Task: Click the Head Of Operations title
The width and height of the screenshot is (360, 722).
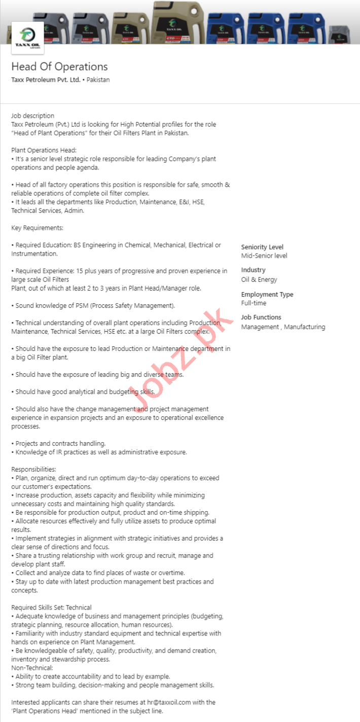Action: (x=59, y=66)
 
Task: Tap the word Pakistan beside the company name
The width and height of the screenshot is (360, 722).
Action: (x=98, y=80)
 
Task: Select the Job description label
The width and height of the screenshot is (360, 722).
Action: (x=32, y=116)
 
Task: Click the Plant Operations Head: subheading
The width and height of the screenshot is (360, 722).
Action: (x=44, y=150)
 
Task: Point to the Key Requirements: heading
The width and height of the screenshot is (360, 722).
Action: (x=37, y=228)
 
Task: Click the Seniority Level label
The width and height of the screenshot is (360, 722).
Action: (x=262, y=247)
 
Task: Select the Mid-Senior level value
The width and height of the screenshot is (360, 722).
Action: (x=264, y=256)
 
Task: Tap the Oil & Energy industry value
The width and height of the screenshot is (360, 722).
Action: (x=259, y=279)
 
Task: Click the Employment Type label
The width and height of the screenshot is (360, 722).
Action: (x=267, y=294)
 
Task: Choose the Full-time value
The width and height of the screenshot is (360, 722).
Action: (x=254, y=303)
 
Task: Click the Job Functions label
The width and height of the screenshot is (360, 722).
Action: (x=261, y=317)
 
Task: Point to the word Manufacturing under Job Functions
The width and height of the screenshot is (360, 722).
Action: (x=304, y=327)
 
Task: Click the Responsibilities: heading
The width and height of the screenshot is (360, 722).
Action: (x=33, y=469)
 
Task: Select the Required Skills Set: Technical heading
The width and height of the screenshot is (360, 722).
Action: (x=51, y=607)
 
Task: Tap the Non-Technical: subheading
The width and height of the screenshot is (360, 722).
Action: (x=32, y=668)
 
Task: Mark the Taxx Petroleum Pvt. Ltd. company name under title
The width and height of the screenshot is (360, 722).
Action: (x=45, y=80)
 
